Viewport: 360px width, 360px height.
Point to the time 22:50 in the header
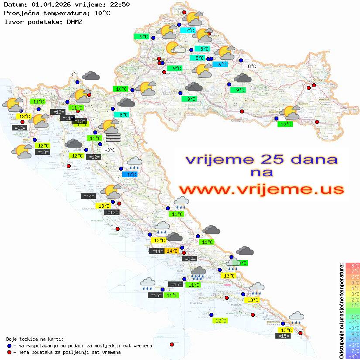pos(120,5)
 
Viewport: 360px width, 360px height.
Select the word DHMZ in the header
pos(74,21)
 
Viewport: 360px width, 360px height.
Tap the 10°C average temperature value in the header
pos(102,13)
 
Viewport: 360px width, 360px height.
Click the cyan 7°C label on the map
pos(190,31)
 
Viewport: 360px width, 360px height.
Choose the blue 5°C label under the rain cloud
pos(132,175)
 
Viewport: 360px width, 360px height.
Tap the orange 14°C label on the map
pos(172,251)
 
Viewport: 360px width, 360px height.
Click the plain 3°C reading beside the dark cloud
pos(74,75)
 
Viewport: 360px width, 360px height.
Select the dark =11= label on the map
pos(67,118)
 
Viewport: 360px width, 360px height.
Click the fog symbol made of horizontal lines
pos(113,137)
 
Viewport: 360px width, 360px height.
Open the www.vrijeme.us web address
pos(261,189)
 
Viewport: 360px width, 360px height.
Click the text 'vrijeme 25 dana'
pos(261,159)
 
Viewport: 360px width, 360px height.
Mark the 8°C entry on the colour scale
pos(353,265)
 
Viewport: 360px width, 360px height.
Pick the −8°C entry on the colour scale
pos(353,356)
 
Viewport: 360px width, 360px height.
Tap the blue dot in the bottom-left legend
pos(9,346)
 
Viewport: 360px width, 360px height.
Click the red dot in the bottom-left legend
pos(9,352)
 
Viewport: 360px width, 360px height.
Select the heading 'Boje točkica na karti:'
pos(35,339)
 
